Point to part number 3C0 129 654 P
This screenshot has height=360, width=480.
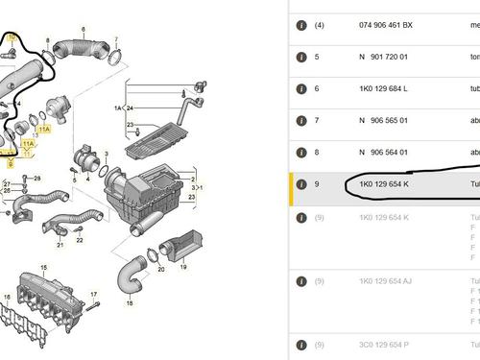386,344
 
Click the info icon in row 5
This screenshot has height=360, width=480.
301,57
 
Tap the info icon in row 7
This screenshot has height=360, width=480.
301,122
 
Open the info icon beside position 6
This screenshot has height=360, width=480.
301,89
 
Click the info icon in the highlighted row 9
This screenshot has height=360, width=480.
301,182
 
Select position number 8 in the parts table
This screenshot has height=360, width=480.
317,152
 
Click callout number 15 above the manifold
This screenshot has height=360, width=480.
42,239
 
